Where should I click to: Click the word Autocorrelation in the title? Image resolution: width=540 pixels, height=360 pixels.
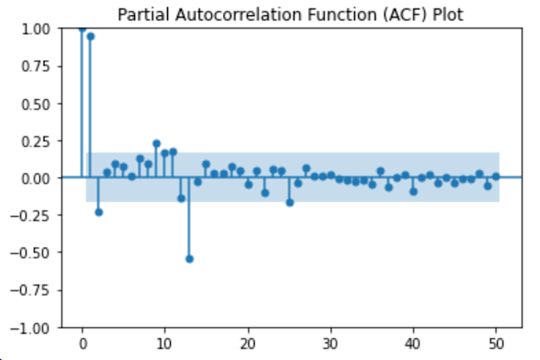click(225, 15)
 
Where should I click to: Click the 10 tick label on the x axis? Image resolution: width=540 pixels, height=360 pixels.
click(165, 343)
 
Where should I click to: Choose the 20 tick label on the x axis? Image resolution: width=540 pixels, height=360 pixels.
click(248, 343)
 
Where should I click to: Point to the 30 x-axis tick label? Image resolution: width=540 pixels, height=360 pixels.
click(331, 343)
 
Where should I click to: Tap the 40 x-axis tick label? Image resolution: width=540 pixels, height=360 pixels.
click(414, 343)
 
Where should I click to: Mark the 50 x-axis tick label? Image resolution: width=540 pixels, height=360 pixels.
click(496, 343)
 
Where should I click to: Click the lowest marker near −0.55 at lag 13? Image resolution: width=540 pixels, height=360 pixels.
click(190, 258)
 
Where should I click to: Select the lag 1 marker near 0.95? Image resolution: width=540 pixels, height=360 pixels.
click(90, 36)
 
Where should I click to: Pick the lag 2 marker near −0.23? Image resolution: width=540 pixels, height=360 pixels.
click(99, 212)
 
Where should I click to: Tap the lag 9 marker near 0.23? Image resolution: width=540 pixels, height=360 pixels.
click(156, 143)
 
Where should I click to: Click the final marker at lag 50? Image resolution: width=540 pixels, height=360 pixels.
click(496, 176)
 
